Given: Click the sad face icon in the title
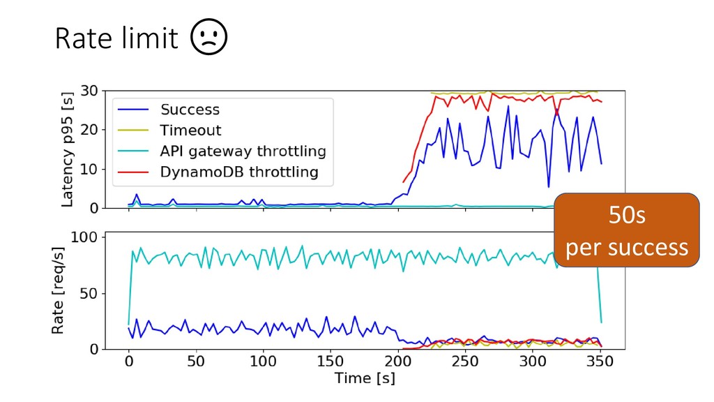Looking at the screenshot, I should click(x=209, y=39).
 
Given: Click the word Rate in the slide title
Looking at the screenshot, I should click(x=83, y=39).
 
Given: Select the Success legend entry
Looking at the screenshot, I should click(x=190, y=110).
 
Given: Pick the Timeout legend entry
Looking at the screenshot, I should click(x=190, y=130).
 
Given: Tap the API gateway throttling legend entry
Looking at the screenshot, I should click(x=243, y=151).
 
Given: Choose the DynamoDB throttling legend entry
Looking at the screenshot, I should click(x=238, y=172).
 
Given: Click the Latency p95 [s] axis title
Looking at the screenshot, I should click(x=68, y=149).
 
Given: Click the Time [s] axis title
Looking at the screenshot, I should click(x=364, y=379).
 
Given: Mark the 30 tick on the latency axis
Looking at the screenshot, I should click(x=89, y=91).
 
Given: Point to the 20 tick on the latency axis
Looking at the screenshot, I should click(x=89, y=130).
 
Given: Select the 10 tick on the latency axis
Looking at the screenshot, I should click(x=89, y=169).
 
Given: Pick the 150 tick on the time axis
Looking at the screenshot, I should click(x=331, y=362).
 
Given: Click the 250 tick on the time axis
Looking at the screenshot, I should click(x=465, y=362).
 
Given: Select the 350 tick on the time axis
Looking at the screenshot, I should click(x=600, y=362).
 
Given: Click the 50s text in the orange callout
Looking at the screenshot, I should click(x=627, y=217).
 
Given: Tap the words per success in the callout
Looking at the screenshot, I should click(x=627, y=247).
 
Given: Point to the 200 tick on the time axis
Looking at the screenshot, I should click(x=398, y=362).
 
